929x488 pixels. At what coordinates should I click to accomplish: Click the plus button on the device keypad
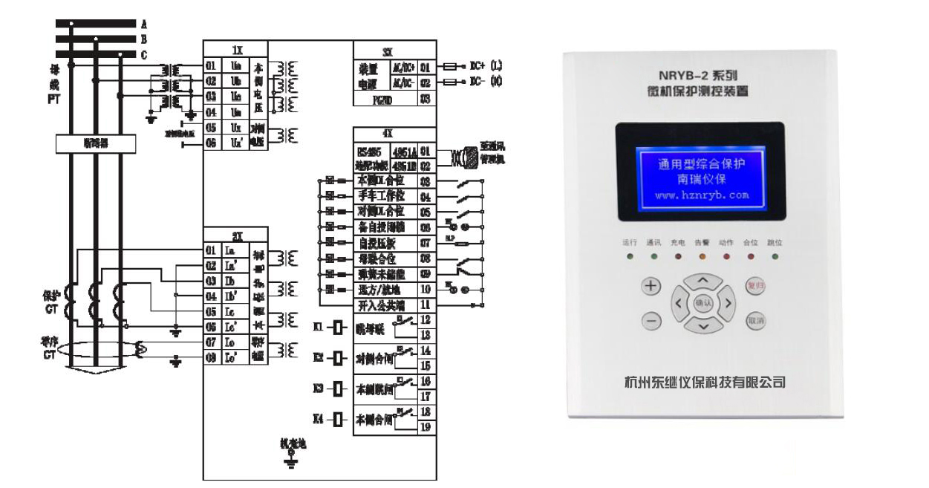coord(651,287)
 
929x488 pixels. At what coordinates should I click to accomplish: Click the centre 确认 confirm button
coord(703,303)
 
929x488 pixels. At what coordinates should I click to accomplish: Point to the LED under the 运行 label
coord(630,256)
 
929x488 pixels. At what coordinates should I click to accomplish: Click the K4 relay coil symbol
coord(338,418)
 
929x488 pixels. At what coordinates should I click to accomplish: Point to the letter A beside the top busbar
coord(143,24)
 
